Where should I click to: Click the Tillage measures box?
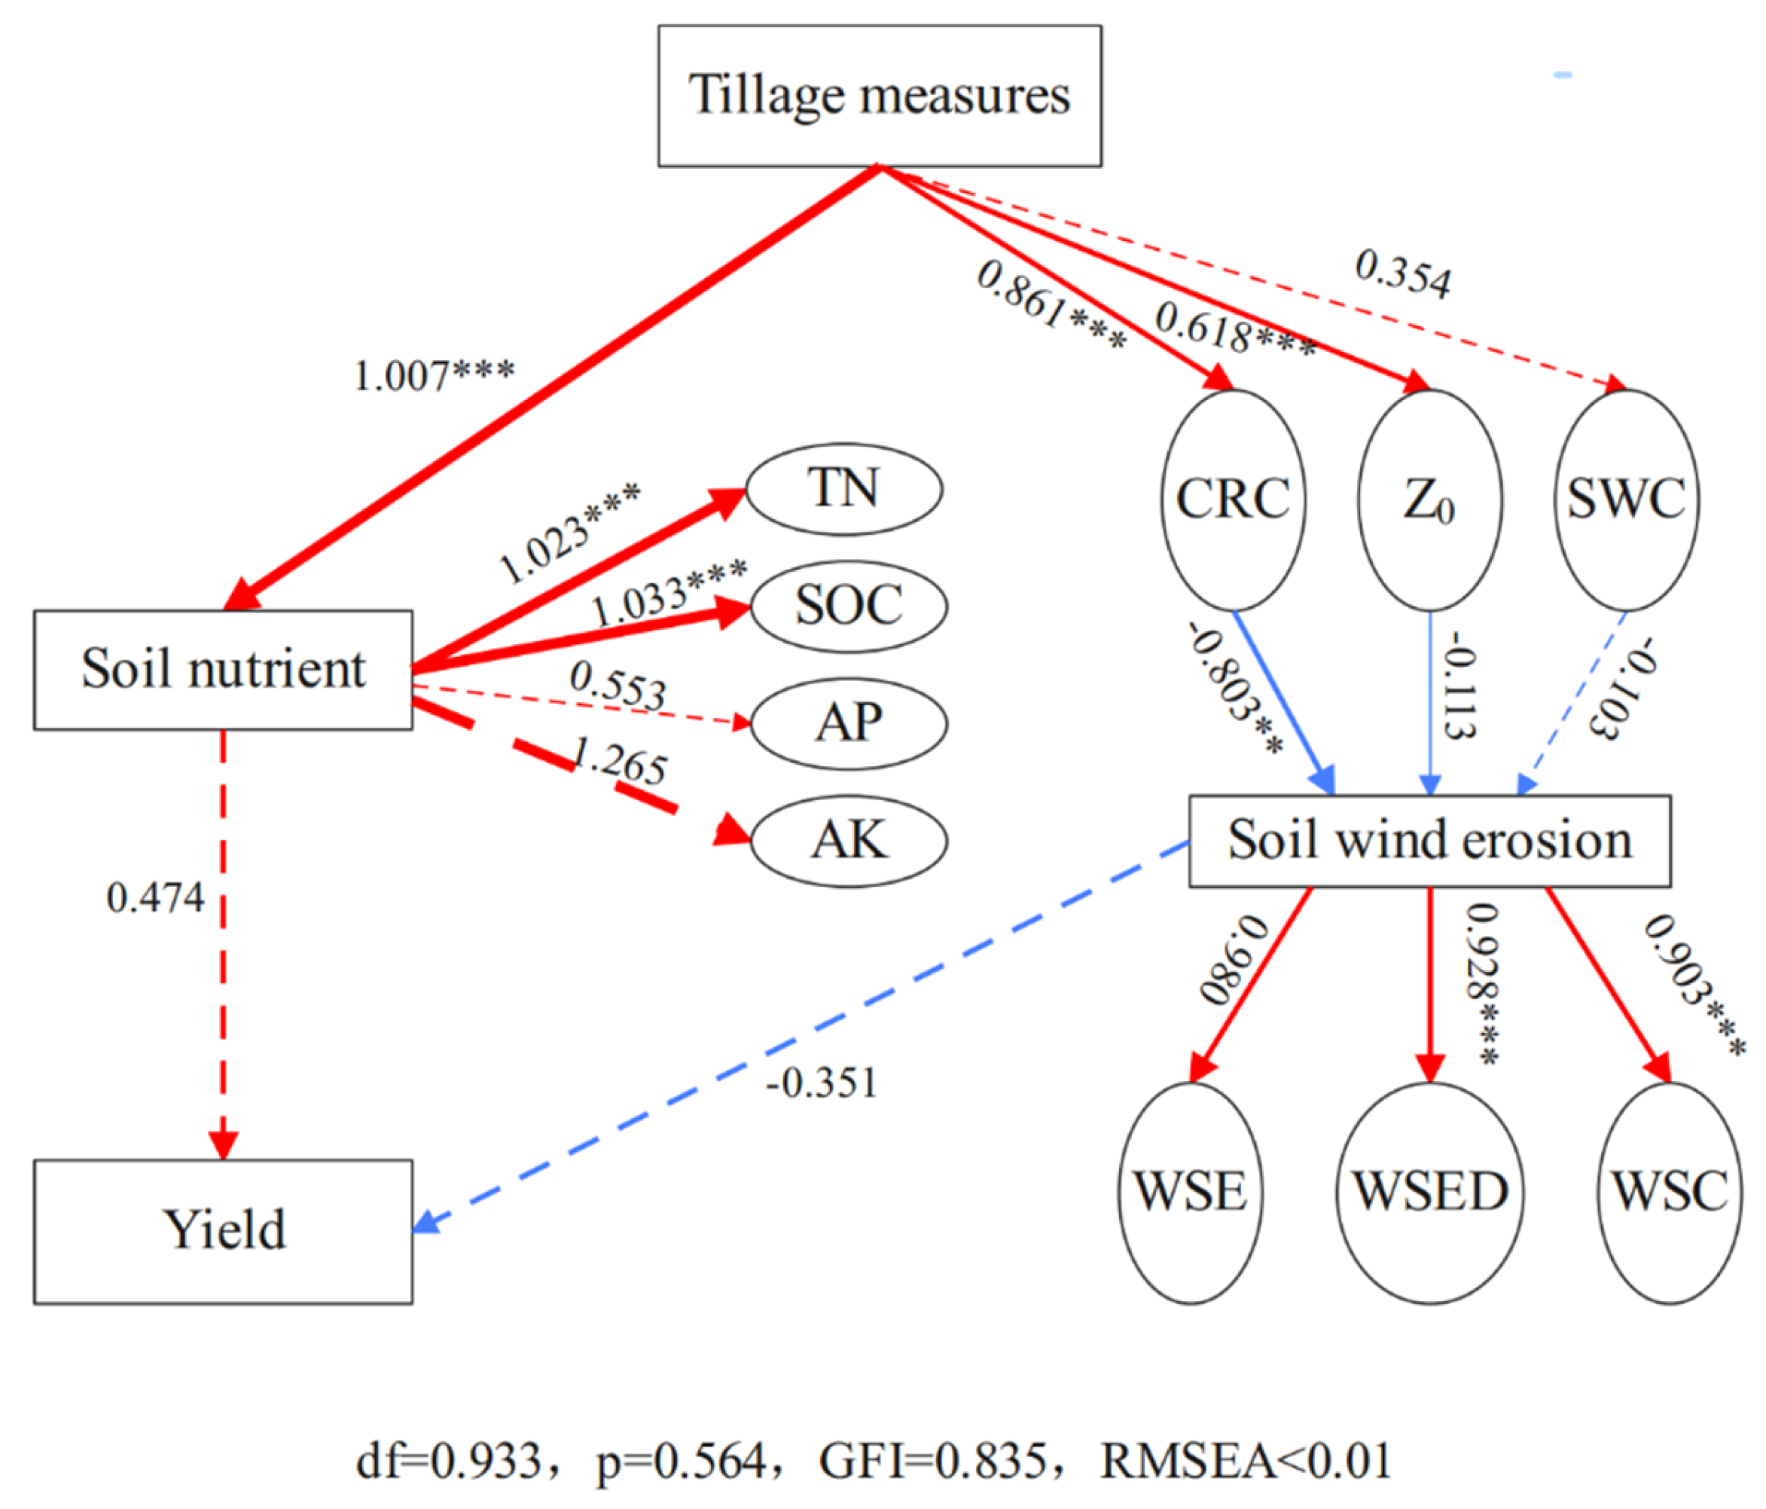click(879, 96)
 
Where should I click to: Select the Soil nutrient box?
click(224, 669)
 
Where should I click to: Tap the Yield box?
click(224, 1231)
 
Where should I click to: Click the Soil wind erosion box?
click(1429, 841)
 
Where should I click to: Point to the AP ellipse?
click(849, 723)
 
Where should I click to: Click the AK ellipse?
click(849, 841)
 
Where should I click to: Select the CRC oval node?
click(1234, 500)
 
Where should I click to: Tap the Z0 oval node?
click(1429, 500)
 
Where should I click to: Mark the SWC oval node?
click(1626, 500)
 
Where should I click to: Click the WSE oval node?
click(1190, 1193)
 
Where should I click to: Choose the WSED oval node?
click(1429, 1193)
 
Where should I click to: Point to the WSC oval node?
click(1669, 1193)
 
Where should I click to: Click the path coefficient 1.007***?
click(434, 376)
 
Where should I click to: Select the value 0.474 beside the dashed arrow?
click(155, 899)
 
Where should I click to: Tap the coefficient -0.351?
click(822, 1083)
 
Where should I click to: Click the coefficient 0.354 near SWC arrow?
click(1402, 274)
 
